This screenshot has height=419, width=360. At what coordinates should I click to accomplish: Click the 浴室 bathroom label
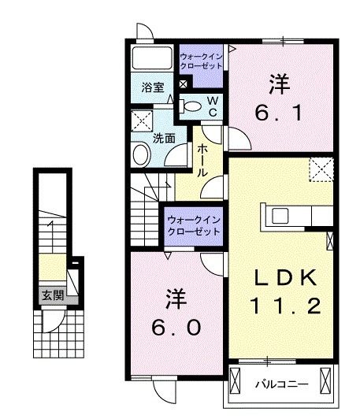click(153, 87)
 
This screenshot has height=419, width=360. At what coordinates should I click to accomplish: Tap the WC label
click(212, 106)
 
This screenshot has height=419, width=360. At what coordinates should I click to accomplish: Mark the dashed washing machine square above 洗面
click(143, 121)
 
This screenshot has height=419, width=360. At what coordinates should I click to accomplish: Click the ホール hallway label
click(202, 160)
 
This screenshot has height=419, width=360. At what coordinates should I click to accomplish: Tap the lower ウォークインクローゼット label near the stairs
click(191, 225)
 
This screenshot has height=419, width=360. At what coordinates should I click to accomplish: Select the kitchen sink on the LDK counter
click(280, 216)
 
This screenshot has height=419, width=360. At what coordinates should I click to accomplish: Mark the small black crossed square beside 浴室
click(184, 84)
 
